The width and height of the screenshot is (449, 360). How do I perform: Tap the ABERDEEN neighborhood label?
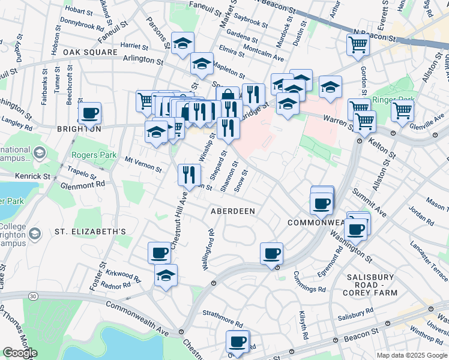(x=233, y=211)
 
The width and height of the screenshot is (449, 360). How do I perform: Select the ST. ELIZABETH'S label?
(x=90, y=232)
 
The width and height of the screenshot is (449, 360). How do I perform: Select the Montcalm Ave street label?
(x=264, y=54)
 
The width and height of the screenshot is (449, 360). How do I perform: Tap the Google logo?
(x=20, y=353)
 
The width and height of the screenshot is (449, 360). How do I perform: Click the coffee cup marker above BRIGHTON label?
(x=90, y=113)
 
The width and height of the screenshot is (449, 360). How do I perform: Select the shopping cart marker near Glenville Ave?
(x=402, y=110)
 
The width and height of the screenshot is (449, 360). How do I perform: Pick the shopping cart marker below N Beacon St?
(x=358, y=44)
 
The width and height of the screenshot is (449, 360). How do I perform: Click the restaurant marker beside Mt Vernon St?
(x=189, y=174)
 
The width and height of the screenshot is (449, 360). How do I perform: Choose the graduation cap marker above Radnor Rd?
(x=166, y=275)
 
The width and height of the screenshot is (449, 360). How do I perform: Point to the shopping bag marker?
(x=228, y=96)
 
